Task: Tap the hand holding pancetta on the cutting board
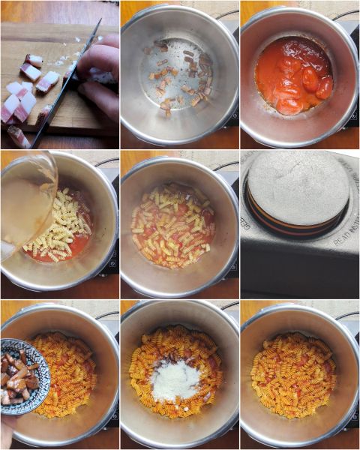tap(101, 71)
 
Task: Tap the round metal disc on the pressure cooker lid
tap(298, 187)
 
